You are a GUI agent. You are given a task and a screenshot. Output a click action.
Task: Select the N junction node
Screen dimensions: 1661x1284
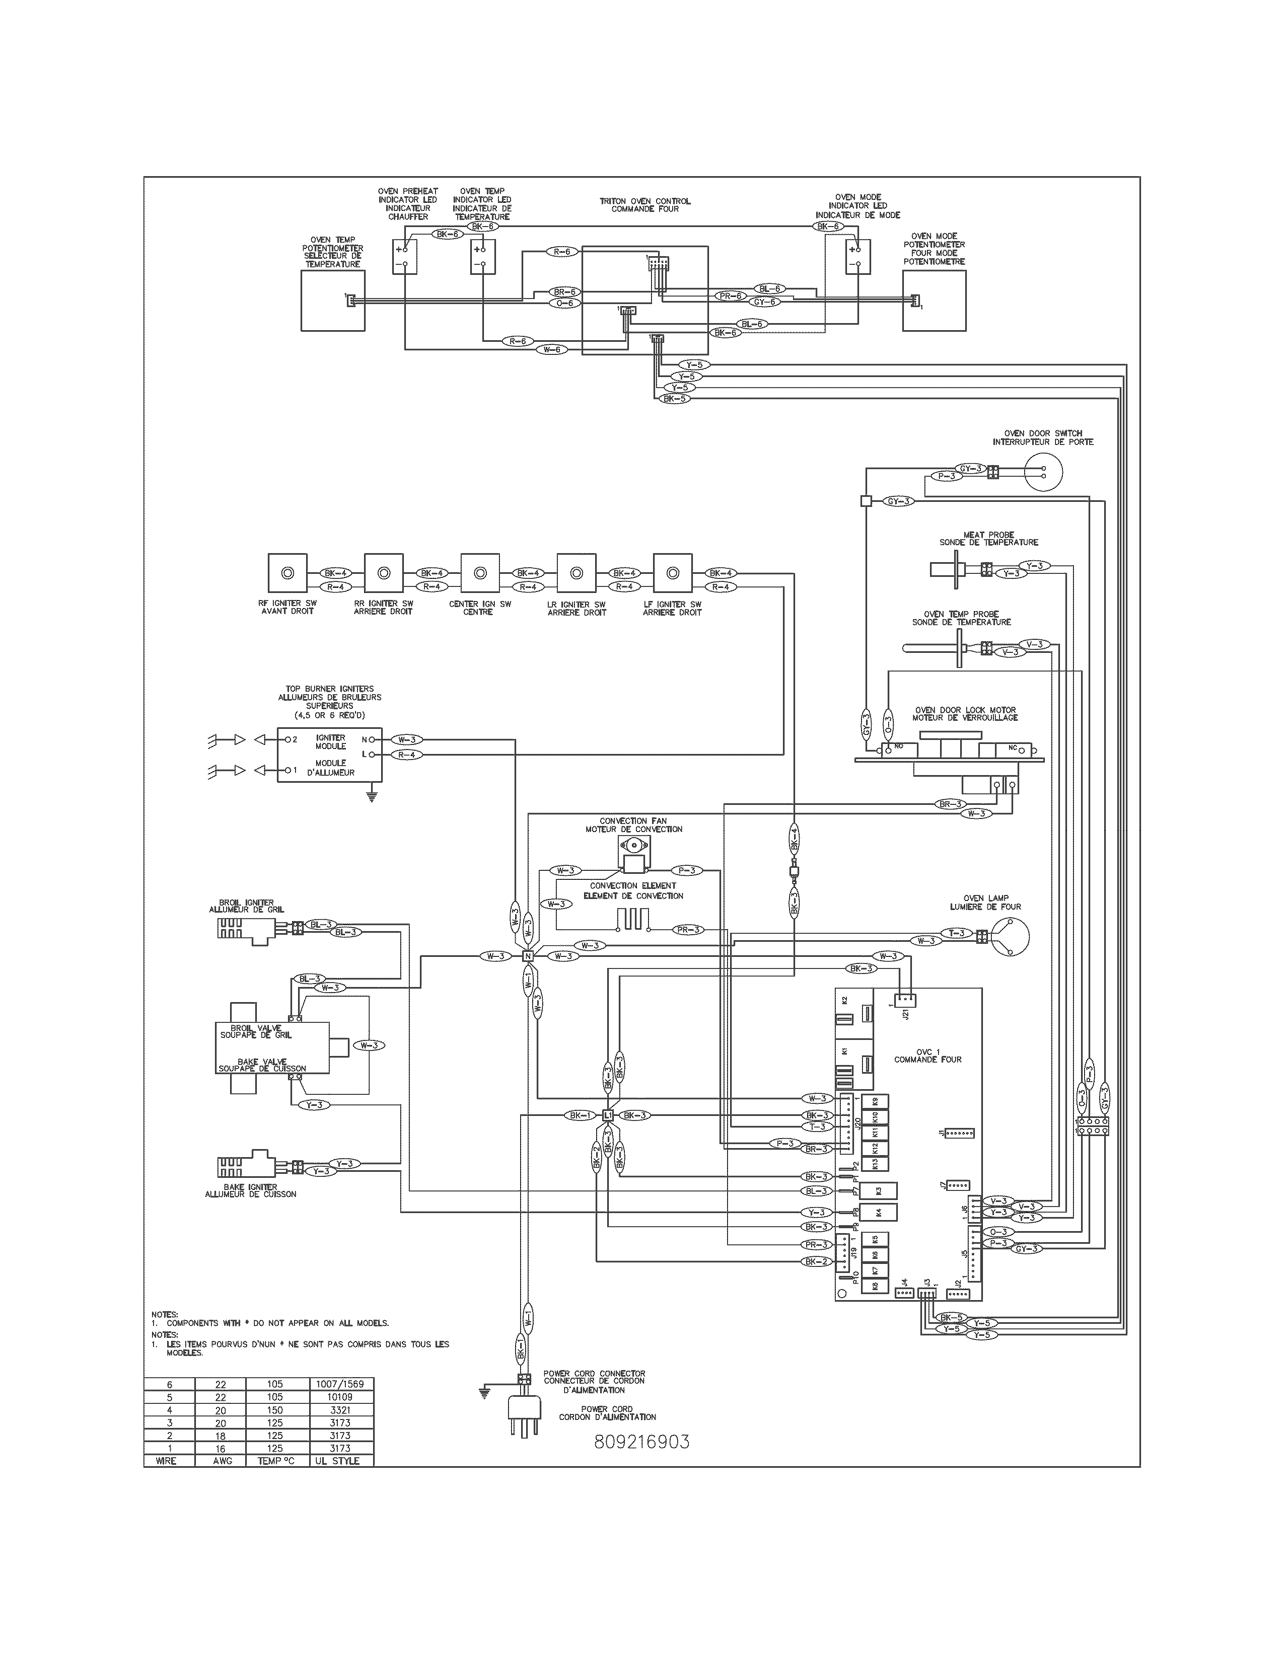[x=527, y=956]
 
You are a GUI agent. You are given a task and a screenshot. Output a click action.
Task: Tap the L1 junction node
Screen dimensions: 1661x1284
[x=607, y=1115]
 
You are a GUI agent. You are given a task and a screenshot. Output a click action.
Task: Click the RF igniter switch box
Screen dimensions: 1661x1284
[x=289, y=573]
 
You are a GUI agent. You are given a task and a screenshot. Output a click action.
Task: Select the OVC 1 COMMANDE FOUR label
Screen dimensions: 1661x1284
[x=927, y=1055]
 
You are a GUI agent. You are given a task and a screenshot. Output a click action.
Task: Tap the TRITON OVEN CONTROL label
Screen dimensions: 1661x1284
[x=645, y=204]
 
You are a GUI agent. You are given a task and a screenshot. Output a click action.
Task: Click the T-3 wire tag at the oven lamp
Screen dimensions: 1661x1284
[x=956, y=932]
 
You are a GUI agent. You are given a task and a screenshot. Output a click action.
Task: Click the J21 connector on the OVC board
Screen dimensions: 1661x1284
[x=904, y=999]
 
